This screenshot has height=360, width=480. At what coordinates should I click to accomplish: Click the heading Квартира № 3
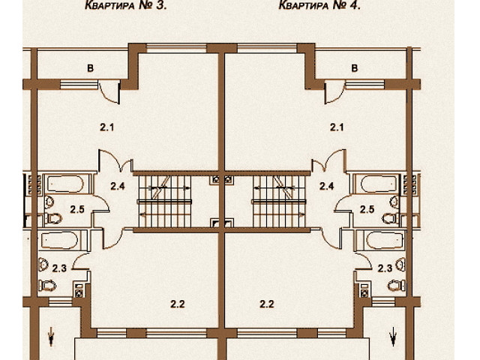pos(126,5)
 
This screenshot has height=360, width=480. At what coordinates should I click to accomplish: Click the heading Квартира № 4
pos(319,5)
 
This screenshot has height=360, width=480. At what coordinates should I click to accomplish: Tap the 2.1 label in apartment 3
pos(106,127)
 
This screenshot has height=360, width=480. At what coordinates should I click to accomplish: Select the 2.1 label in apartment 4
pos(337,127)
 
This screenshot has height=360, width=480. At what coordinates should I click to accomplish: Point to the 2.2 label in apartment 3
pos(178,304)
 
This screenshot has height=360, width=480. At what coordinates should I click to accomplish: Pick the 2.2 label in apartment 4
pos(267,304)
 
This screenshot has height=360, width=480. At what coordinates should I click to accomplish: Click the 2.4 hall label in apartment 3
pos(118,186)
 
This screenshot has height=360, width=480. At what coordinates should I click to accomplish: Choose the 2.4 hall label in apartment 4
pos(327,186)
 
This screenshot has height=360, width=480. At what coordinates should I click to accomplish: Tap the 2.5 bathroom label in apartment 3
pos(77,209)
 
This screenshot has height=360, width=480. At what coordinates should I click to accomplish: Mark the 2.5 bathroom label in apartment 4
pos(367,209)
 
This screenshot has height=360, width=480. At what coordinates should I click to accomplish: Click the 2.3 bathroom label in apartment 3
pos(59,268)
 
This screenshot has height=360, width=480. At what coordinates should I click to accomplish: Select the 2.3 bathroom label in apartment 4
pos(385,268)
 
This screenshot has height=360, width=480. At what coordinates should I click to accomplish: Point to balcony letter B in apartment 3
pos(90,68)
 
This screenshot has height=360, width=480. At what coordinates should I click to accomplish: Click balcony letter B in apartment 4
pos(355,68)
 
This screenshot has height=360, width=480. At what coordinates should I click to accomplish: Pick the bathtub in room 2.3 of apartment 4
pos(384,240)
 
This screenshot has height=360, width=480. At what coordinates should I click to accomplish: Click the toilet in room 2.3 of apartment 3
pos(47,285)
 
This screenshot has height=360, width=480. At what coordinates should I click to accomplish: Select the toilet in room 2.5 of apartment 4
pos(391,218)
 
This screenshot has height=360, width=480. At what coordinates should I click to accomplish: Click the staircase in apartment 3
pos(165,201)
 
